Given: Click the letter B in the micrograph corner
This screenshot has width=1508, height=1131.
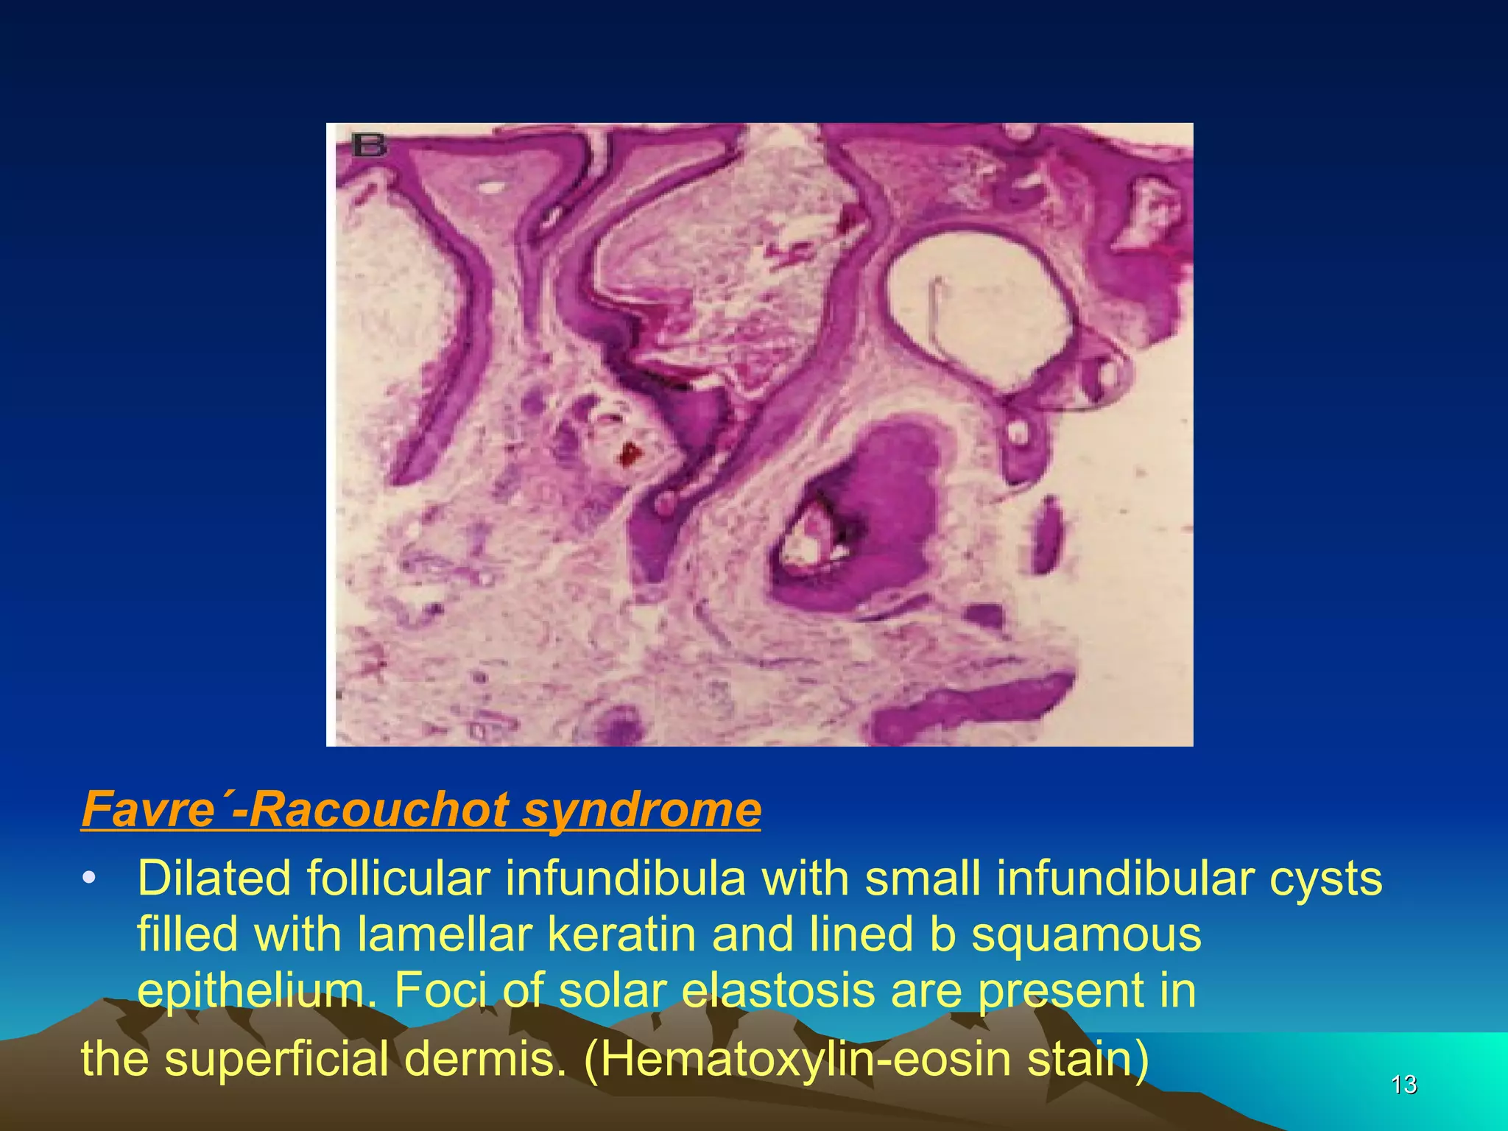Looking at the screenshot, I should (369, 144).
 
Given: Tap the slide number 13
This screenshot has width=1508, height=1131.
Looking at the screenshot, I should (1403, 1085).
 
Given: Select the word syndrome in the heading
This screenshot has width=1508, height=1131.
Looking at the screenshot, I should (641, 809).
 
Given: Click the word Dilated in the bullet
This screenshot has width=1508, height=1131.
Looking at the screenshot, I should (214, 878).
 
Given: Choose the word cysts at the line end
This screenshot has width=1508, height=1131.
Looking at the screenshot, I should (1325, 878).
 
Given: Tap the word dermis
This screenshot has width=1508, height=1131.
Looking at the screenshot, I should (487, 1058).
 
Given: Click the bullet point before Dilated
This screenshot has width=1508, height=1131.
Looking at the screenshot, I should (89, 879).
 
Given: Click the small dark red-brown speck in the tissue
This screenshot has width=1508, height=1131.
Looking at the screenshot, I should (630, 454).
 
